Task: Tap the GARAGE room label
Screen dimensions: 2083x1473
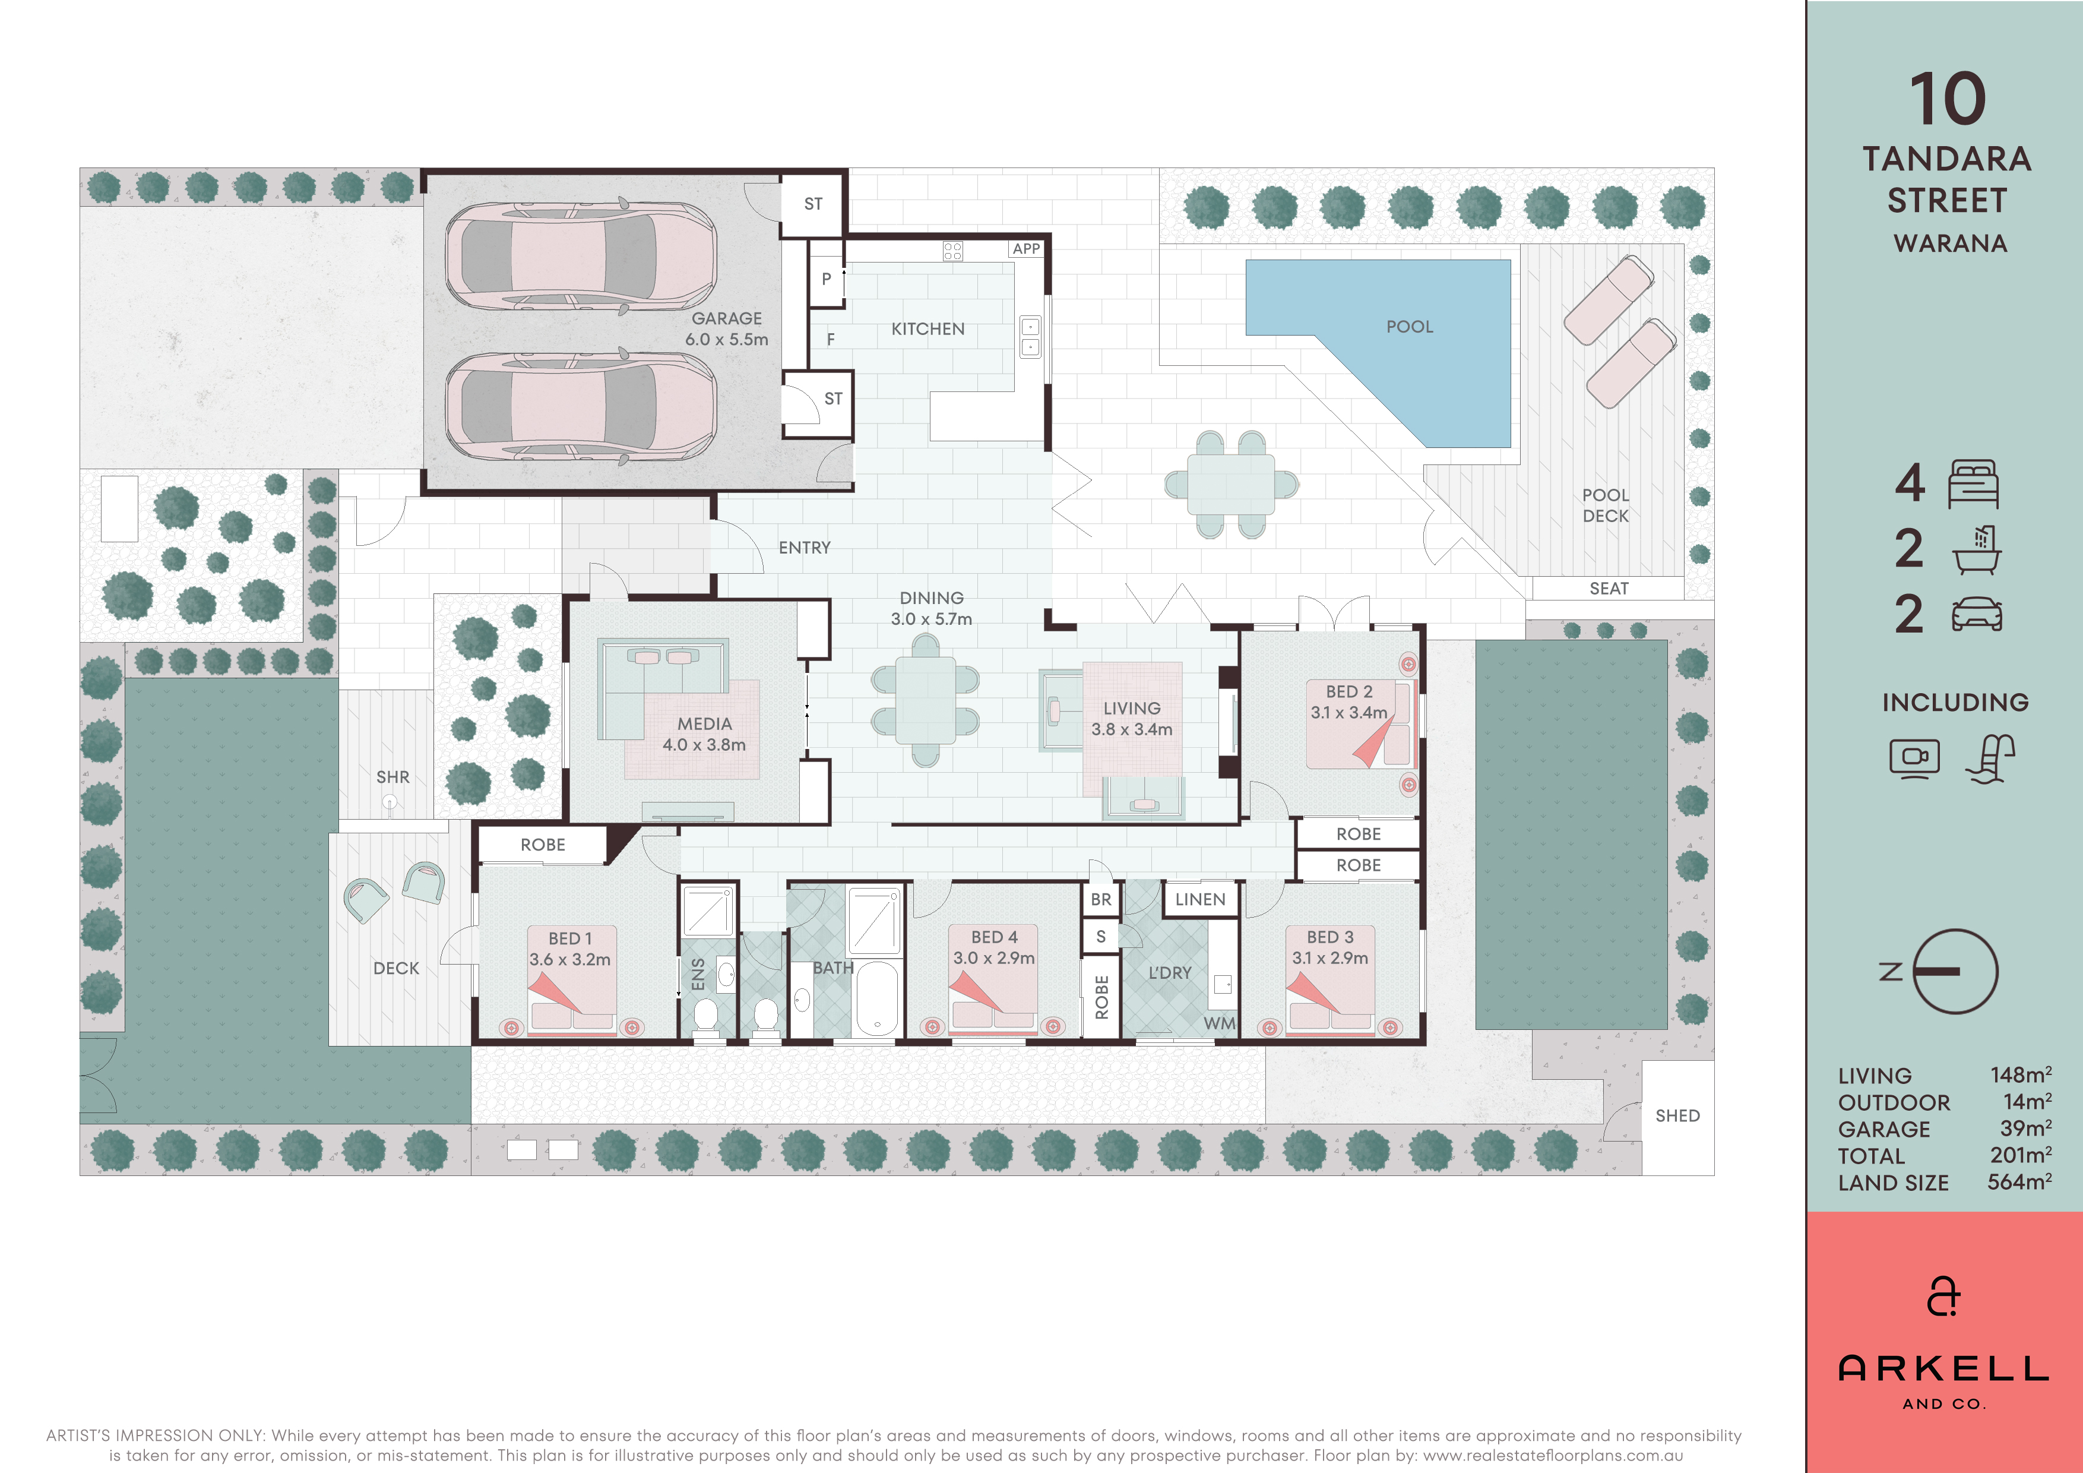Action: (x=727, y=318)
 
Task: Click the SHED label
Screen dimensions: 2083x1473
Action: (x=1677, y=1115)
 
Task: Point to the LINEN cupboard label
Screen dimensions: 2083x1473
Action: (x=1200, y=899)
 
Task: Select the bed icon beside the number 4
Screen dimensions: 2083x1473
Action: (x=1973, y=483)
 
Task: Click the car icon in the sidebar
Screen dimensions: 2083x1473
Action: (x=1977, y=614)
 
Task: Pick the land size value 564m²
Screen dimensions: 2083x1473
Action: (x=2019, y=1182)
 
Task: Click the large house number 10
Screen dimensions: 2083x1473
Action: (x=1947, y=99)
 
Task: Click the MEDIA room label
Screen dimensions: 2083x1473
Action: (x=704, y=724)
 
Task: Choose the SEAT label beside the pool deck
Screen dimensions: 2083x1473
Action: (x=1609, y=588)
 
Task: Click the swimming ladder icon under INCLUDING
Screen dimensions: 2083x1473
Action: (x=1990, y=758)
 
